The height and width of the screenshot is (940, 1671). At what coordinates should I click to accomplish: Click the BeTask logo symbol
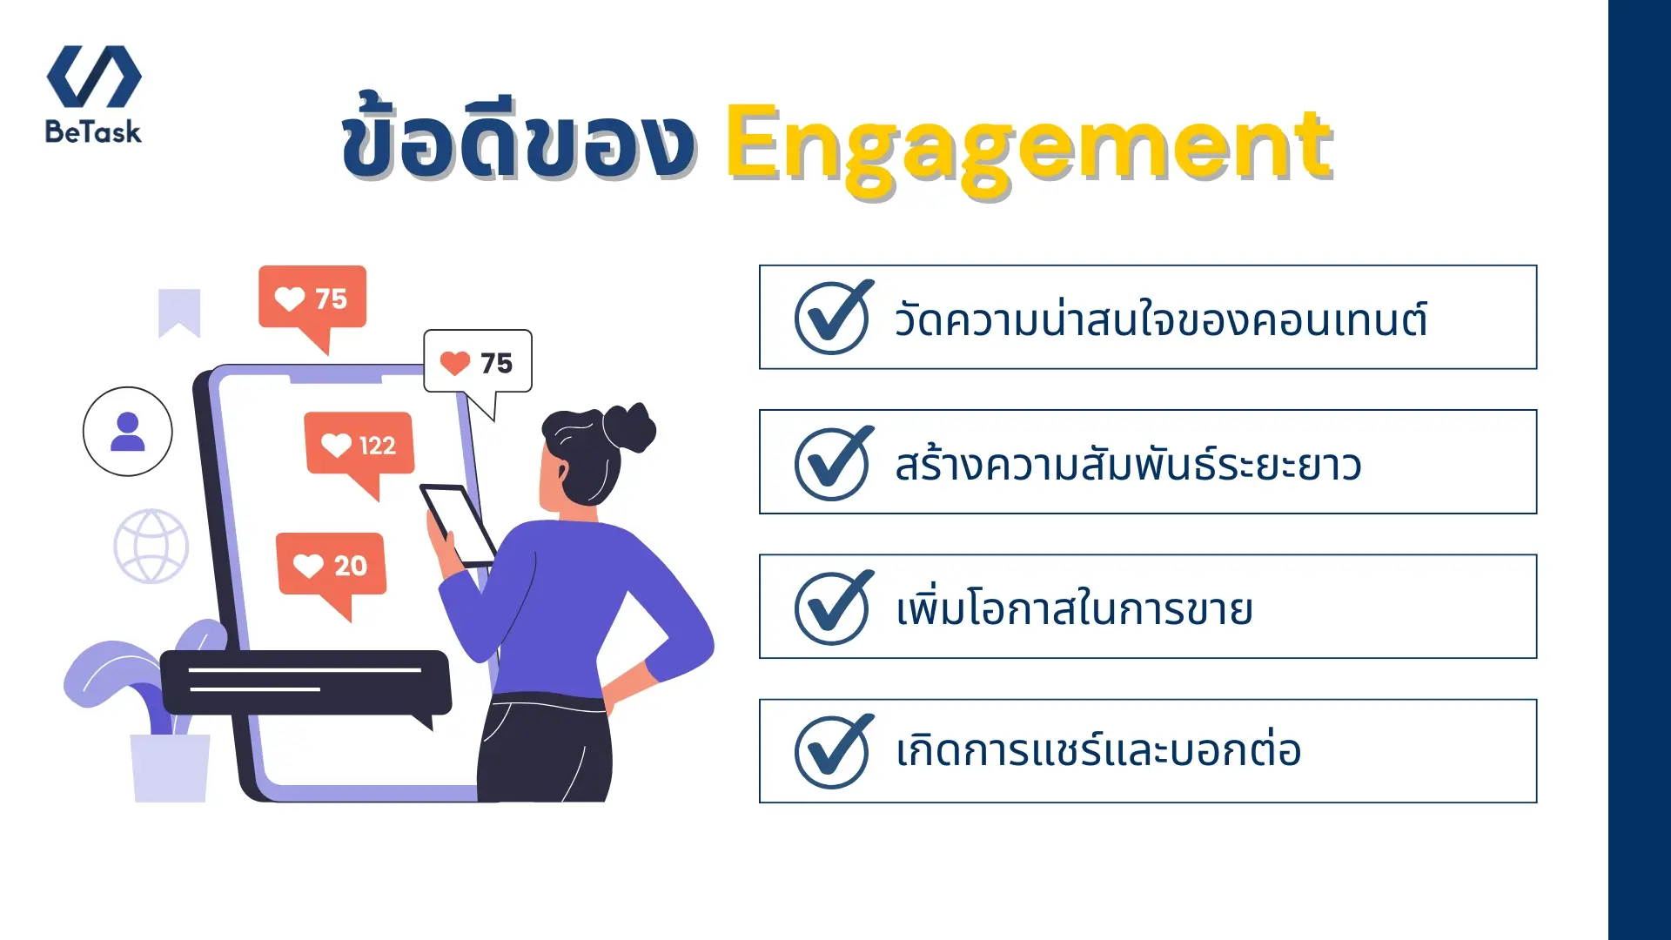[x=94, y=77]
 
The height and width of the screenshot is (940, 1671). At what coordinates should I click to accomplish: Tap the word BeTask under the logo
[x=93, y=132]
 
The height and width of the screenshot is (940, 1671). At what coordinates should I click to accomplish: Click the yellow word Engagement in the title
[x=1028, y=146]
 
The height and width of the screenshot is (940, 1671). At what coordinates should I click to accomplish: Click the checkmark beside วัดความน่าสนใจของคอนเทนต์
[x=833, y=318]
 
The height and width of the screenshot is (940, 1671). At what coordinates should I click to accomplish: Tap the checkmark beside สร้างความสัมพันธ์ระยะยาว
[x=833, y=463]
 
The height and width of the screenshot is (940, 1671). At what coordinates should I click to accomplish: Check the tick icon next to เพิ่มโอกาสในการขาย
[x=833, y=608]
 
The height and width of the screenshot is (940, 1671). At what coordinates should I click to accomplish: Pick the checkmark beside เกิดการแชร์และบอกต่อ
[x=833, y=751]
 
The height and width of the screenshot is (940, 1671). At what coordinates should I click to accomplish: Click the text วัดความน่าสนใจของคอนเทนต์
[x=1160, y=319]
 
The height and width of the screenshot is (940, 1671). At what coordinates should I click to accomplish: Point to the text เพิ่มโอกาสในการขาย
[x=1074, y=608]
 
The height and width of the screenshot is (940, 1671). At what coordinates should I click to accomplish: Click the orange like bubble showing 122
[x=359, y=445]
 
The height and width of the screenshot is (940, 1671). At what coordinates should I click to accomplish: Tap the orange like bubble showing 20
[x=331, y=566]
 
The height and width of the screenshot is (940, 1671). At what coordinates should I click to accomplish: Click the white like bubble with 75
[x=477, y=362]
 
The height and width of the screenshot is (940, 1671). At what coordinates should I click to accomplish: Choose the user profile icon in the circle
[x=128, y=432]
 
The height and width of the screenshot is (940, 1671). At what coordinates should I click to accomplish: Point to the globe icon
[x=151, y=547]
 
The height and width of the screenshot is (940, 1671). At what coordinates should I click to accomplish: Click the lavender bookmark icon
[x=179, y=312]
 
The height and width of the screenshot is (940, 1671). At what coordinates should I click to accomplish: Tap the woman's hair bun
[x=634, y=426]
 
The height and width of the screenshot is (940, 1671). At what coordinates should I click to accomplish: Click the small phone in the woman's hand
[x=459, y=524]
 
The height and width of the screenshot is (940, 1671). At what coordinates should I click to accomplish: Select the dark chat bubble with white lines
[x=305, y=683]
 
